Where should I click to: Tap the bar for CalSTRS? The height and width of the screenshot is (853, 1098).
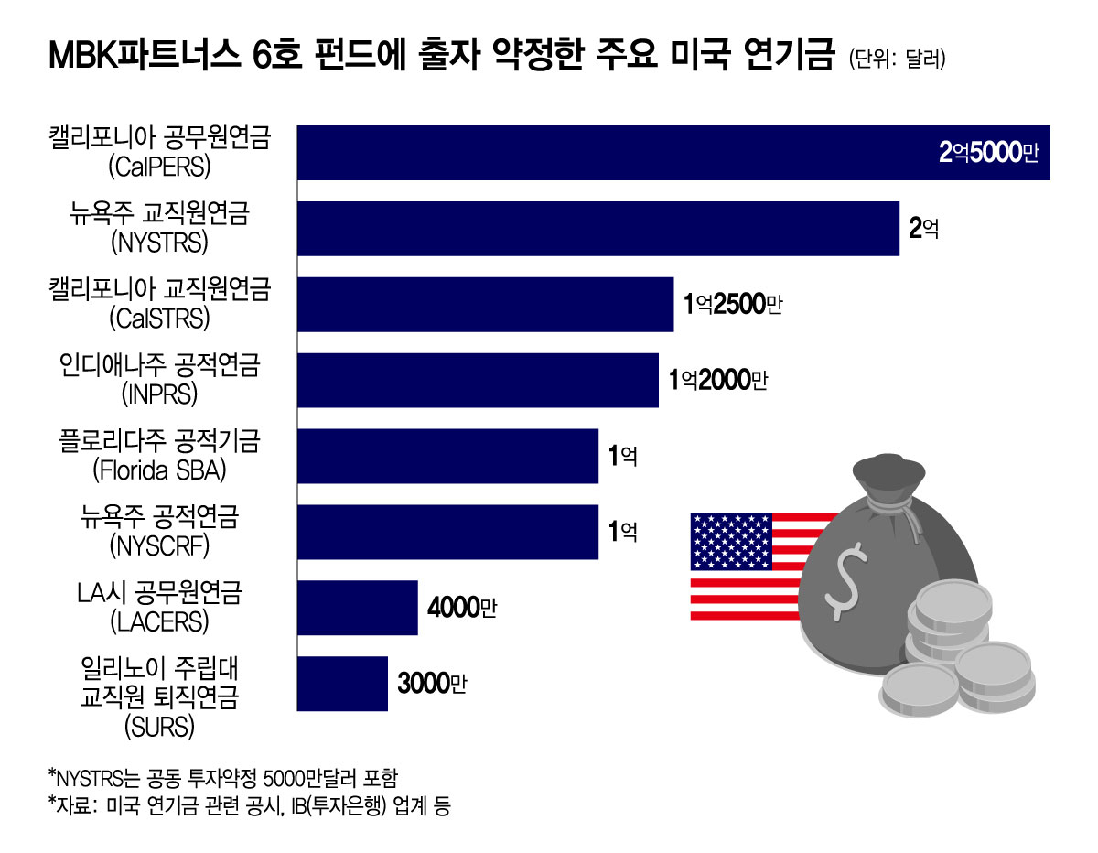click(485, 304)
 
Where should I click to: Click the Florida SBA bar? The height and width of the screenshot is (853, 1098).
click(447, 456)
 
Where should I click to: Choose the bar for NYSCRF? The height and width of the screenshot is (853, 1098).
click(447, 532)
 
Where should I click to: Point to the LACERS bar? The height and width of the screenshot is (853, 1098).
click(357, 608)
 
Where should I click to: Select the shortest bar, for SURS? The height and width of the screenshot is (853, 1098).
click(342, 684)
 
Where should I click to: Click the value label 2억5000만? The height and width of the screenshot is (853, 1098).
click(988, 153)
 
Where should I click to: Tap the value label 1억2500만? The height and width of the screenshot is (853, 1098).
click(733, 305)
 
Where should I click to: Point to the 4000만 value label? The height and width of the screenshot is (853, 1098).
click(461, 608)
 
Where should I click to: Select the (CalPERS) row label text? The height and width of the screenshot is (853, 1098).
click(159, 167)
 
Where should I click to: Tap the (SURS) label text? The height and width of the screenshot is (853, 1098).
click(159, 728)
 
